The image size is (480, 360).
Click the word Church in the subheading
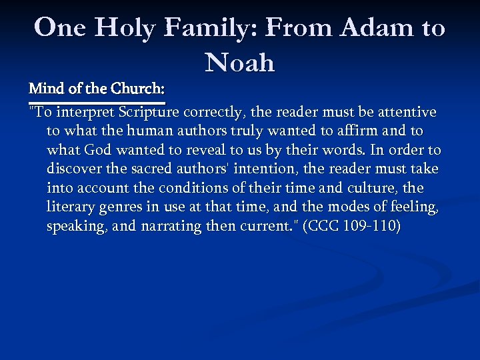[x=137, y=88]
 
